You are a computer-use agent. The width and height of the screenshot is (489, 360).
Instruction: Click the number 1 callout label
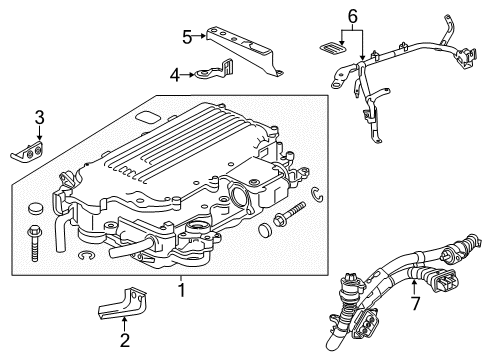181,292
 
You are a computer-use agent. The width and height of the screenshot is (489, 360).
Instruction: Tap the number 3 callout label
38,119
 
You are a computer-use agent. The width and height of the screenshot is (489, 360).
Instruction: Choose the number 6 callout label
351,16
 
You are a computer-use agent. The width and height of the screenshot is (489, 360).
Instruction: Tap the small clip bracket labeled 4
213,72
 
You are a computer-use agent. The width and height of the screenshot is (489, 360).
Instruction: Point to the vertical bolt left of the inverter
27,239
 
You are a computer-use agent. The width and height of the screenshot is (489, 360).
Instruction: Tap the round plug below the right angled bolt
265,232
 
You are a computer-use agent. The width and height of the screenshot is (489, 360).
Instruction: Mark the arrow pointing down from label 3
38,134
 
